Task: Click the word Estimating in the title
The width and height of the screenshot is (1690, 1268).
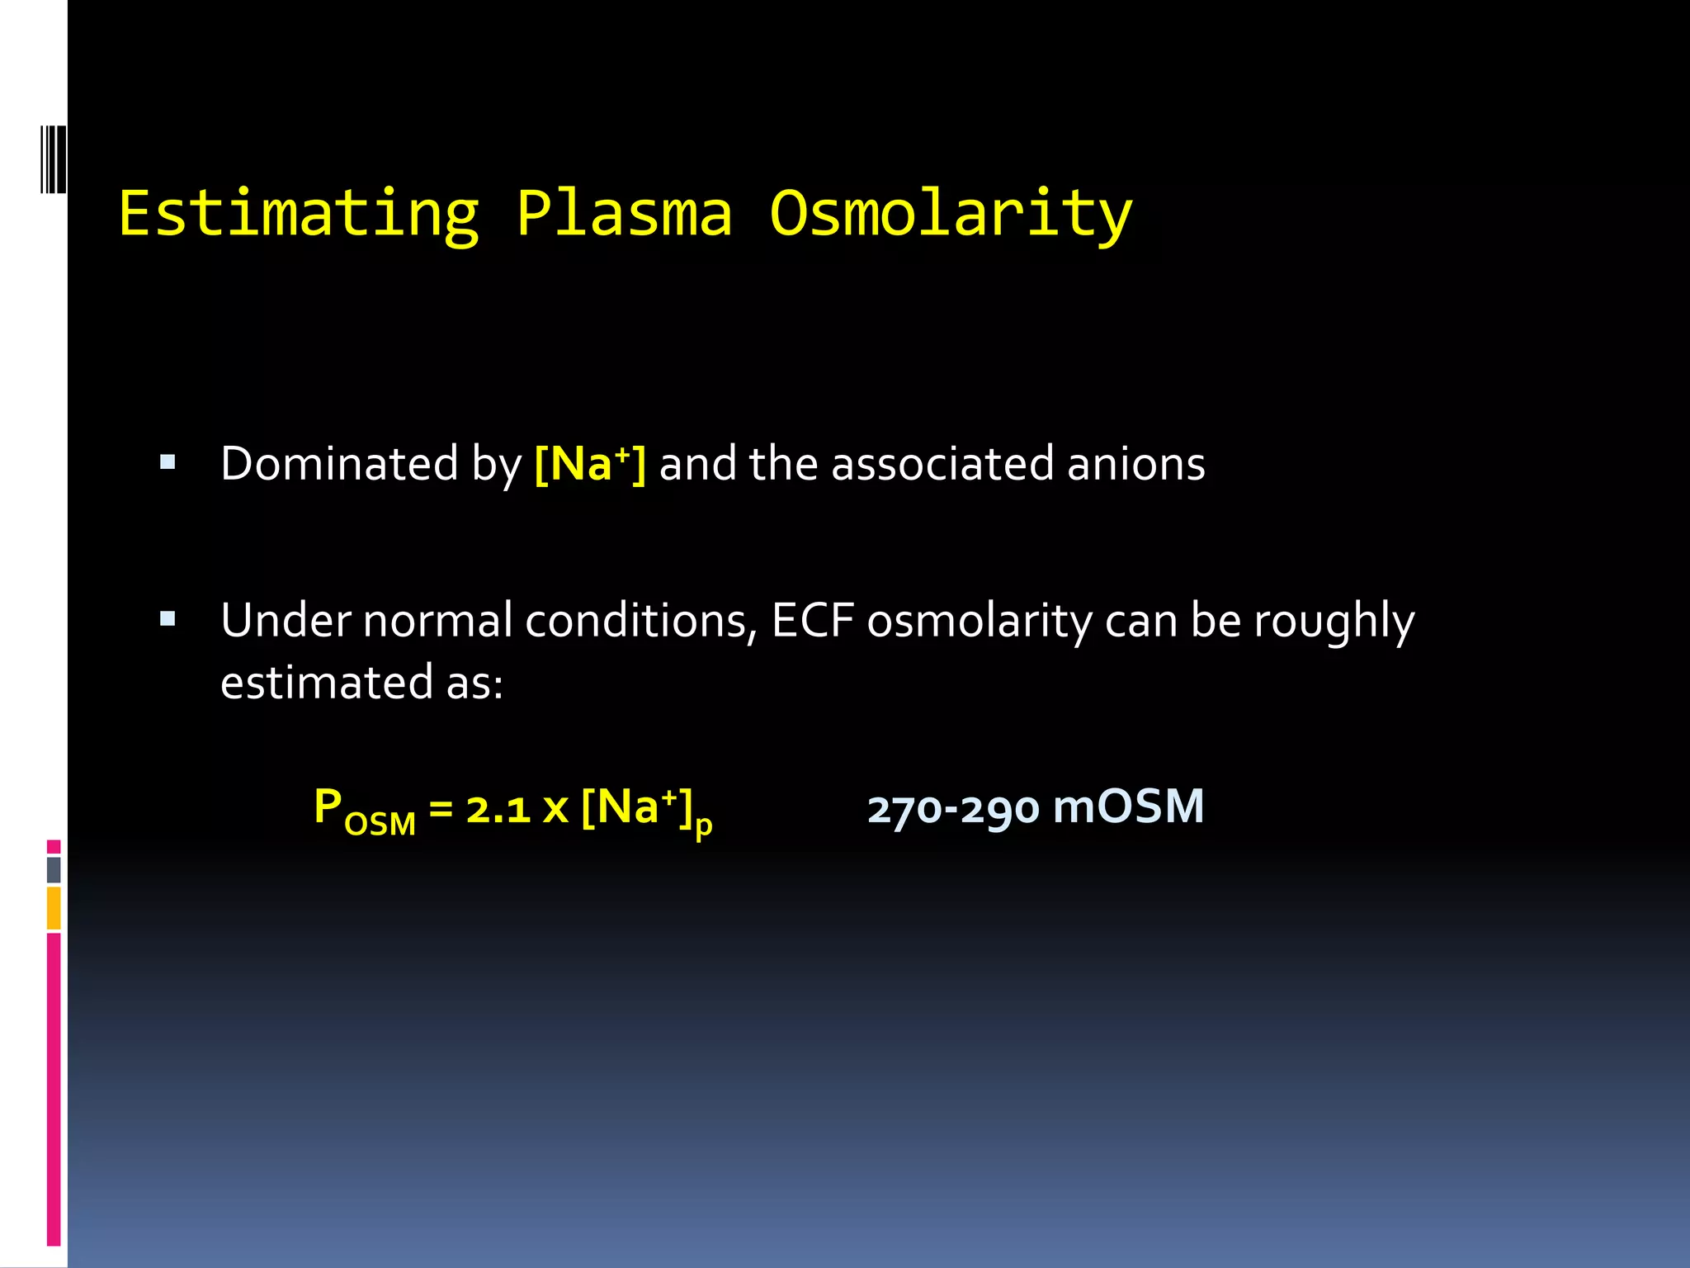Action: (x=298, y=214)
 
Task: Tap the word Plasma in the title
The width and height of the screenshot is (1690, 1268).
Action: (x=624, y=214)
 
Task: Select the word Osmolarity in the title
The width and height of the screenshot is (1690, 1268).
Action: (x=951, y=214)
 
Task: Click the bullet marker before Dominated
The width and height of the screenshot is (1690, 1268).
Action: (x=168, y=462)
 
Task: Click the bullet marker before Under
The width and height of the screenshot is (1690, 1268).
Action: (x=168, y=618)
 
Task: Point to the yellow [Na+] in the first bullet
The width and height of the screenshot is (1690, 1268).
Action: (x=590, y=464)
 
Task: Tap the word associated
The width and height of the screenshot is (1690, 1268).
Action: (x=942, y=464)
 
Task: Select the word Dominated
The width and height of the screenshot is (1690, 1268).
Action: (x=339, y=464)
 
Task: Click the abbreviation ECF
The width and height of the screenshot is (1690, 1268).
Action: (x=812, y=621)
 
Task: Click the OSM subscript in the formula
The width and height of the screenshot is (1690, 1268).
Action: (x=380, y=824)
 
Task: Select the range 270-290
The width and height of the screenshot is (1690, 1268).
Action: (x=953, y=809)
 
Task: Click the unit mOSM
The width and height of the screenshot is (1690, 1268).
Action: (x=1128, y=807)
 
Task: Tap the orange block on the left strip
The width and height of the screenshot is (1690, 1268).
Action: (x=54, y=907)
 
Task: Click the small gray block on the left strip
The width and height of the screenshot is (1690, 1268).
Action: (x=54, y=869)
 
